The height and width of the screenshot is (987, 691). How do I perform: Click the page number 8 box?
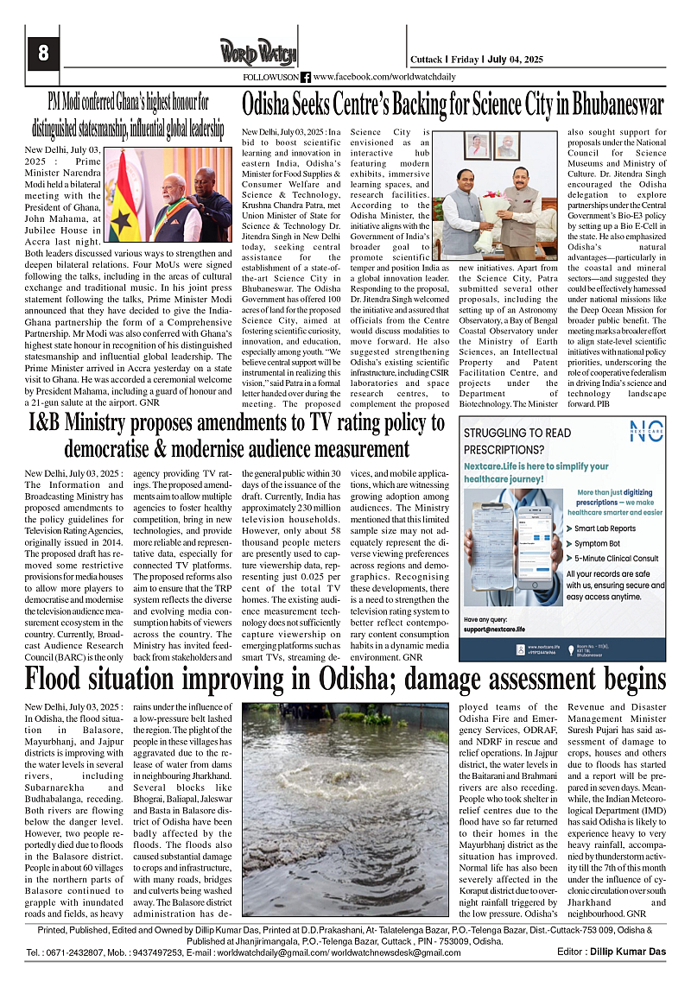click(42, 54)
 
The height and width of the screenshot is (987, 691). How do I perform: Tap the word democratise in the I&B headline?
click(118, 449)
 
